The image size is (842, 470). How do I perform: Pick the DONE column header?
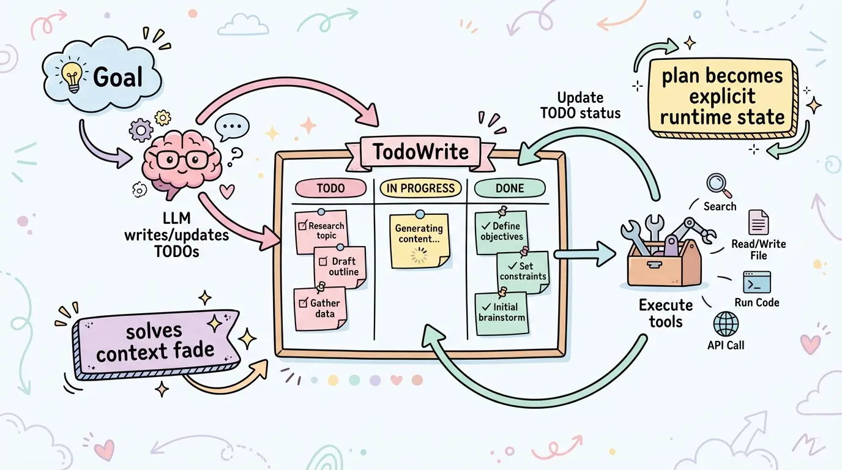click(x=510, y=188)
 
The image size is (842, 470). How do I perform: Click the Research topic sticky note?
click(x=321, y=231)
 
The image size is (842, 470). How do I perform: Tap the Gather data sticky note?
click(x=321, y=309)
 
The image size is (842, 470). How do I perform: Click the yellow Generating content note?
click(x=419, y=240)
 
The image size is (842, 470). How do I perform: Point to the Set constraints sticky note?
click(x=522, y=272)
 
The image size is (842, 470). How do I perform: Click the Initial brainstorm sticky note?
click(x=502, y=313)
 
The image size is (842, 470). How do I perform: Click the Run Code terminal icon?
click(x=756, y=283)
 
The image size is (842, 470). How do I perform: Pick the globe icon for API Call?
click(x=726, y=324)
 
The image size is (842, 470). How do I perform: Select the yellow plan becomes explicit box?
click(x=722, y=96)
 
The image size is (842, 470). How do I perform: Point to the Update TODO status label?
click(x=580, y=105)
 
